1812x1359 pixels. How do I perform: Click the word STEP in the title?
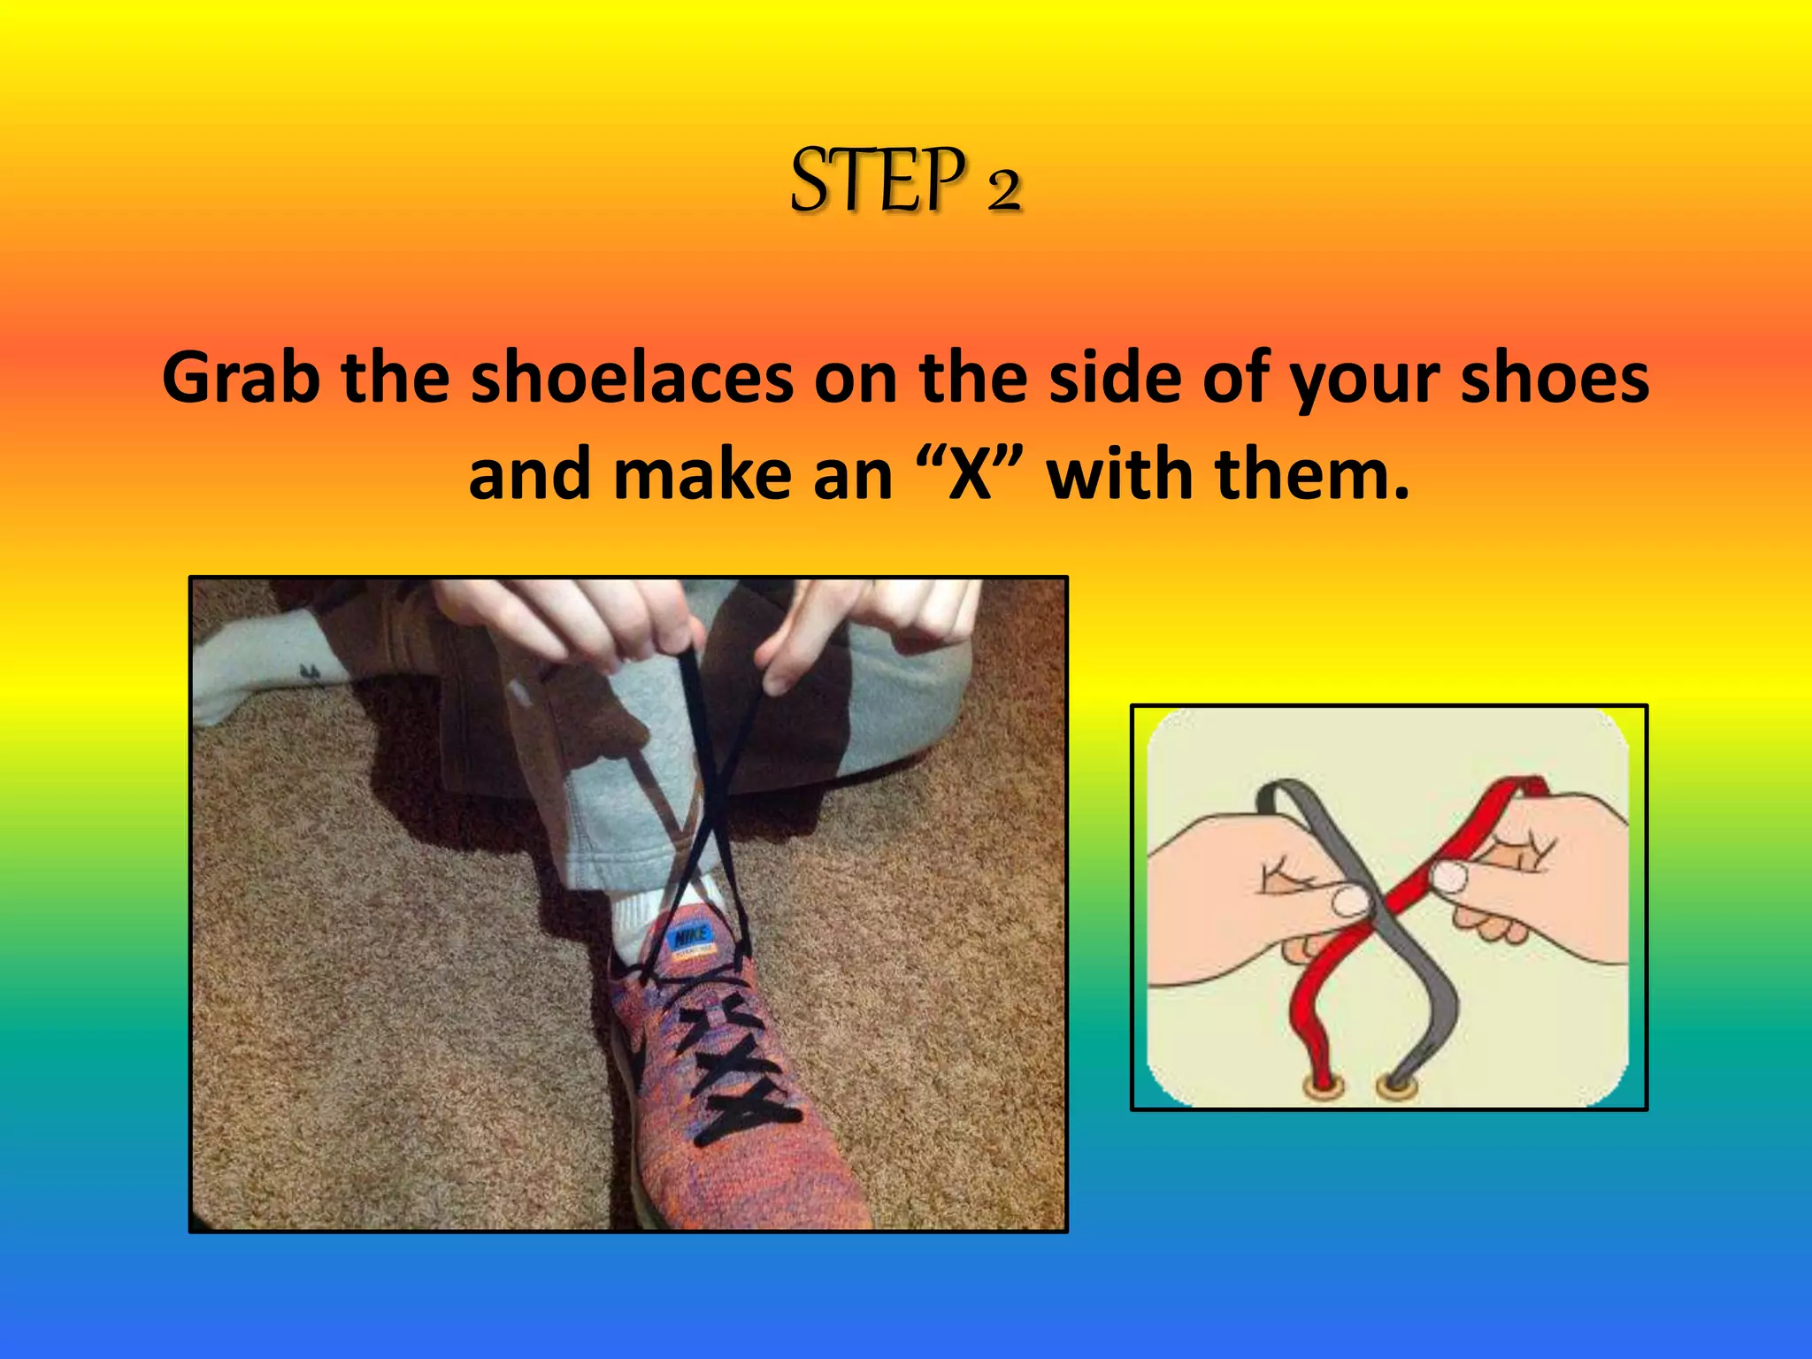pyautogui.click(x=876, y=181)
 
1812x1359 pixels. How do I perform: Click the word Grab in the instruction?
pyautogui.click(x=240, y=379)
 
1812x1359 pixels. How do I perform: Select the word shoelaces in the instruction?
pyautogui.click(x=632, y=379)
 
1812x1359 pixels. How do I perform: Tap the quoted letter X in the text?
pyautogui.click(x=970, y=476)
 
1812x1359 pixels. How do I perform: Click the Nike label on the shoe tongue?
pyautogui.click(x=691, y=937)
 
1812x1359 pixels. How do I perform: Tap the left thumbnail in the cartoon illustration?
pyautogui.click(x=1351, y=902)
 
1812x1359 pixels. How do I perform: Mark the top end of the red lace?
pyautogui.click(x=1536, y=786)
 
